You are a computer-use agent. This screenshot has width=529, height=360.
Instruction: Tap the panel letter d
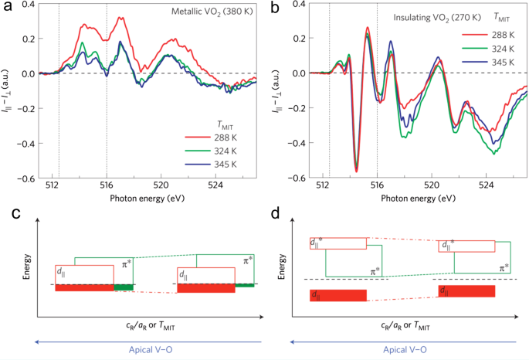click(276, 211)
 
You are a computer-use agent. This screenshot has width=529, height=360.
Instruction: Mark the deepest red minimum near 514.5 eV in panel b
click(356, 170)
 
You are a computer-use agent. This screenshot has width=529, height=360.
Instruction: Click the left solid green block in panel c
click(124, 287)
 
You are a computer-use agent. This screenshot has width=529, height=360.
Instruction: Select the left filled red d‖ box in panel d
click(337, 294)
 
